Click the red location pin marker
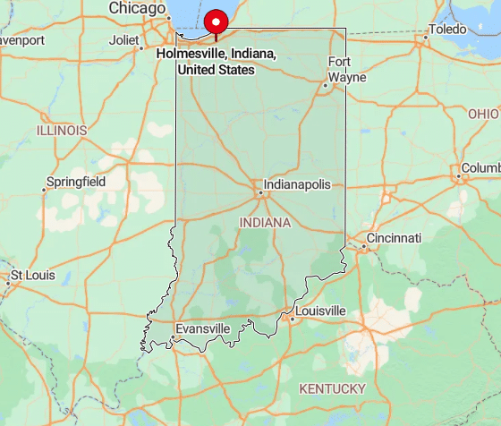tap(216, 22)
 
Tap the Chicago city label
tap(137, 8)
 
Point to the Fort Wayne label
tap(347, 69)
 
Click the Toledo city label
tap(447, 30)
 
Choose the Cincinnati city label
tap(393, 238)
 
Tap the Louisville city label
tap(319, 311)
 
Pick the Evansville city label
tap(203, 329)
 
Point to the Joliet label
tap(124, 40)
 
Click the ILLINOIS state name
tap(62, 131)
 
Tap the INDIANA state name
tap(266, 222)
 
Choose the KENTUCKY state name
tap(332, 388)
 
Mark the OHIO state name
tap(483, 115)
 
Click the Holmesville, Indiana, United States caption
tap(216, 61)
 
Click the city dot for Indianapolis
tap(260, 191)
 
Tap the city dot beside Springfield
tap(46, 189)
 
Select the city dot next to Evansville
tap(172, 337)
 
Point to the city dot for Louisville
tap(292, 317)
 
